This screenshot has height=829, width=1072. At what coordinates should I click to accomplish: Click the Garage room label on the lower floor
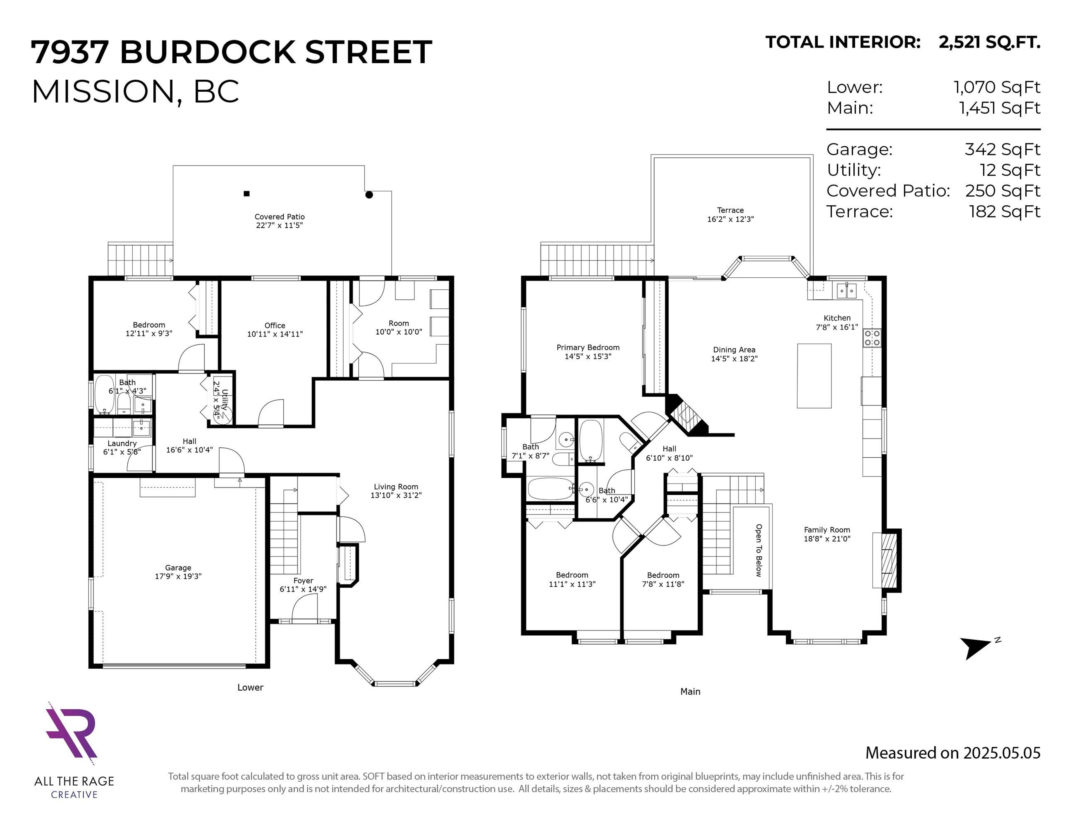(x=178, y=567)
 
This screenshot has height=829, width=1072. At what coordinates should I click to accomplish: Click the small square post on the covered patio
(x=247, y=194)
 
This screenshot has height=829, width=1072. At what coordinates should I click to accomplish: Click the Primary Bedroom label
(x=588, y=347)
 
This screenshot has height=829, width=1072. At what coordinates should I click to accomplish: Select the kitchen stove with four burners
(x=872, y=338)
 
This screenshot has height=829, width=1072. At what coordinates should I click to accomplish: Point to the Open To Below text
(x=758, y=550)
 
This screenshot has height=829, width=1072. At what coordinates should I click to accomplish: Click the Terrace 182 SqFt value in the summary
(x=1004, y=212)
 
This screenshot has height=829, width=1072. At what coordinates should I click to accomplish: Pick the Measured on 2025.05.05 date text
(x=952, y=753)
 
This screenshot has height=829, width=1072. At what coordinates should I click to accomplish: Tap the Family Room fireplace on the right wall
(x=886, y=560)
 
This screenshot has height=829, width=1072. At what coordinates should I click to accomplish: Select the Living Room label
(x=396, y=487)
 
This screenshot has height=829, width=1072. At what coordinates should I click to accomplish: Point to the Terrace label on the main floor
(x=730, y=210)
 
